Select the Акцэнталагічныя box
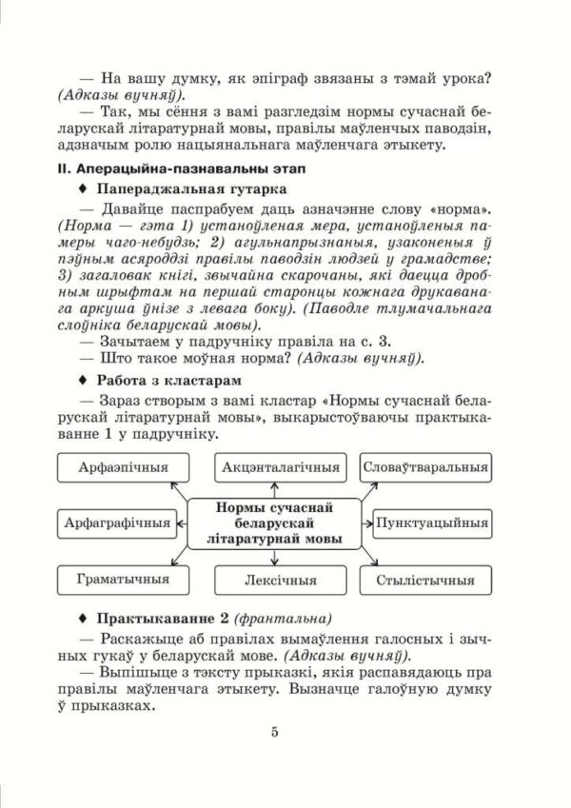point(282,467)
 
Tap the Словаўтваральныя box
point(426,467)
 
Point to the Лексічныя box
point(282,579)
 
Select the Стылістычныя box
point(426,579)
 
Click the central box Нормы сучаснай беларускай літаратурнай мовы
point(275,522)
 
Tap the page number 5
point(274,731)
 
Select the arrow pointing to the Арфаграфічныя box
point(183,522)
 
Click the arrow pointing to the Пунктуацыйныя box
point(366,522)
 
